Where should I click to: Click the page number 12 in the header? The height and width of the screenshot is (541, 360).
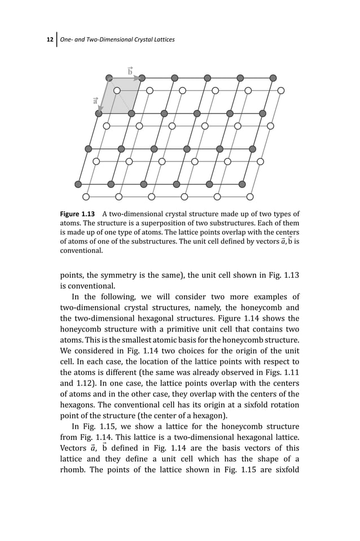click(49, 39)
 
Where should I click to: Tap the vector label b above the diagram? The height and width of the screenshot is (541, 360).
click(130, 71)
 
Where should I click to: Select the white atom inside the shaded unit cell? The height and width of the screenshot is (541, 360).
click(117, 90)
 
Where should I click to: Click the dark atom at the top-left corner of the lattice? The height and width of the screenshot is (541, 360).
click(109, 78)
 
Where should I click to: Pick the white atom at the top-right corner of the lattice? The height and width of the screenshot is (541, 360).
click(280, 90)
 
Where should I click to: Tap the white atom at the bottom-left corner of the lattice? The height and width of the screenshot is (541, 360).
click(86, 197)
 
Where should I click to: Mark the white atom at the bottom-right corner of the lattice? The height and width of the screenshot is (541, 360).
click(250, 197)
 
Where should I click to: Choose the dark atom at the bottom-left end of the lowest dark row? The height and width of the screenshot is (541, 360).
click(78, 184)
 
